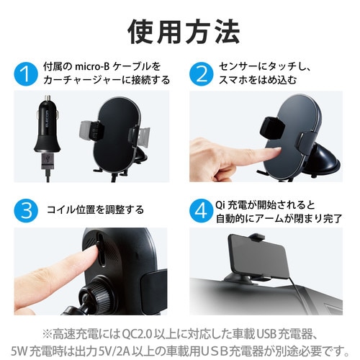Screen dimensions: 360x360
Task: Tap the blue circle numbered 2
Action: point(202,74)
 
